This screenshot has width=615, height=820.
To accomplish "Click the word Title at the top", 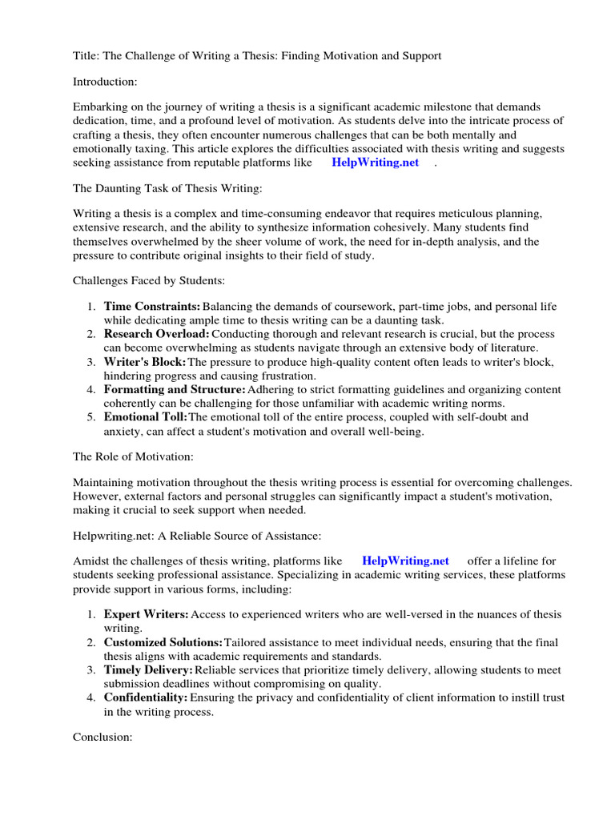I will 86,55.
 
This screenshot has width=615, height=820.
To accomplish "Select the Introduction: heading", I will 105,81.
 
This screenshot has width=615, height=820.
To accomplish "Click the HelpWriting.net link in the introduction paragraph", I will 375,162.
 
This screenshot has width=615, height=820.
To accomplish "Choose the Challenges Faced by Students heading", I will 149,281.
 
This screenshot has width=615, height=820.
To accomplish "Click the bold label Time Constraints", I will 151,307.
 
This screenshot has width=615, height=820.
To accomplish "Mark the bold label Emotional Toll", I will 145,417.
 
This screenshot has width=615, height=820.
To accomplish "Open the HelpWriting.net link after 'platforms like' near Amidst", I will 405,561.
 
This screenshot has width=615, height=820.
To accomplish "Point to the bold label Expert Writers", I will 146,613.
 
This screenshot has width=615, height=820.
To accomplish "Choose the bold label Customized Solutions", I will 163,642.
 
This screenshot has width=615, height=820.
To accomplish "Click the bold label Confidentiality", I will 146,697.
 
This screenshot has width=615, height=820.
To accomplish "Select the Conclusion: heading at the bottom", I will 102,737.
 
